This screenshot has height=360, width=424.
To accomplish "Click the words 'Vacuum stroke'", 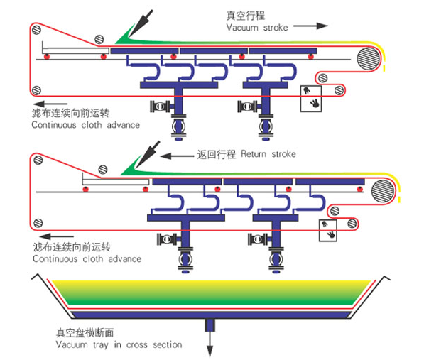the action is pyautogui.click(x=257, y=28).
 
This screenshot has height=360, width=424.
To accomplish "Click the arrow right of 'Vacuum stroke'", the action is pyautogui.click(x=310, y=26).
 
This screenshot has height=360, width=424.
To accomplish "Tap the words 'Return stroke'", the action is pyautogui.click(x=268, y=154).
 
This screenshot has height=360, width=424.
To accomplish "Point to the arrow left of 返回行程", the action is pyautogui.click(x=177, y=156).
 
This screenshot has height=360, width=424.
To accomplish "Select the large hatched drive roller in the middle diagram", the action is pyautogui.click(x=383, y=191).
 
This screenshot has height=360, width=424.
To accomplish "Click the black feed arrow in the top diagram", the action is pyautogui.click(x=141, y=23).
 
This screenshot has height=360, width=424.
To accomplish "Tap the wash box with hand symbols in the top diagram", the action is pyautogui.click(x=311, y=99).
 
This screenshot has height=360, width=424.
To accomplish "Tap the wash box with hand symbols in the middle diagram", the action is pyautogui.click(x=328, y=231).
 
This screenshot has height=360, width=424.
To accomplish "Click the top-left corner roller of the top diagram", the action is pyautogui.click(x=36, y=29).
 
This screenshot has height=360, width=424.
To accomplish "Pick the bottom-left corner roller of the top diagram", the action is pyautogui.click(x=36, y=90).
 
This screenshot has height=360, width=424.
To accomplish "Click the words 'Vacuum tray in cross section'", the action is pyautogui.click(x=119, y=344).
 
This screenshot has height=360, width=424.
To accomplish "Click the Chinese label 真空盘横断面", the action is pyautogui.click(x=85, y=333).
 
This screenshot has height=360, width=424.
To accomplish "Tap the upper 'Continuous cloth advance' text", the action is pyautogui.click(x=86, y=125).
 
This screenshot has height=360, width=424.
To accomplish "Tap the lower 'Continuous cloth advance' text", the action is pyautogui.click(x=87, y=259).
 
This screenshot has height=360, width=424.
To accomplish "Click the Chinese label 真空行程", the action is pyautogui.click(x=246, y=16).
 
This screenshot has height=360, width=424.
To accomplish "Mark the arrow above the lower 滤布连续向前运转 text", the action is pyautogui.click(x=57, y=236).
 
